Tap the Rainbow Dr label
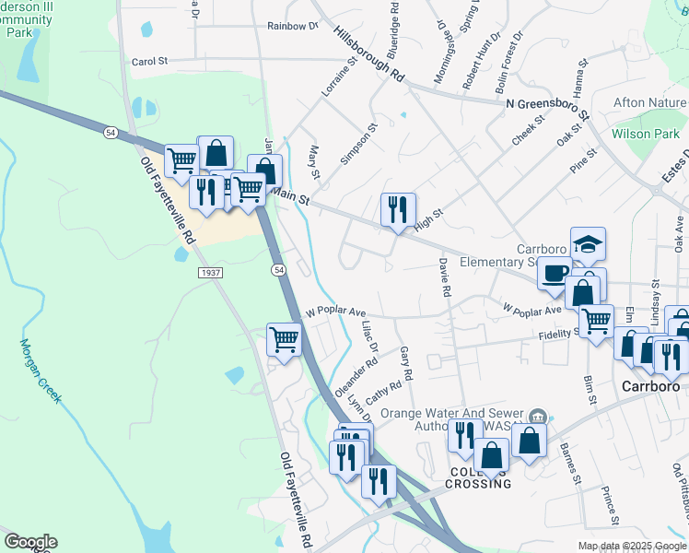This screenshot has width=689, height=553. coord(292,26)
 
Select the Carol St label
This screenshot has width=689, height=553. coord(149,62)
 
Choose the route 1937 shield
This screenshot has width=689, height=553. coord(209,273)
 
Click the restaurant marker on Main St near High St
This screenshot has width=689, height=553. coord(398,210)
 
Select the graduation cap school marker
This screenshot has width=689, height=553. coord(588,244)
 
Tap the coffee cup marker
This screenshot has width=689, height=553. coord(555,274)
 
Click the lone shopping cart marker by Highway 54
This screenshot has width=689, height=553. coord(285,339)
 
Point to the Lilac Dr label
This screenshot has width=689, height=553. coord(370,334)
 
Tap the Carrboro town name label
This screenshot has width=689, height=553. coord(649,387)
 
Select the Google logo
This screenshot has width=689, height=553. coord(30,542)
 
